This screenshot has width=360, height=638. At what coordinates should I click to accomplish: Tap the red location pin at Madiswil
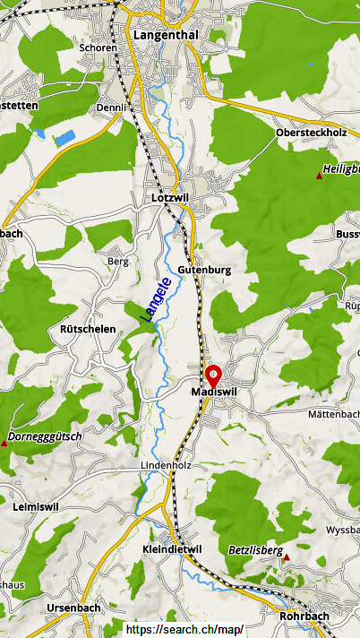click(x=213, y=375)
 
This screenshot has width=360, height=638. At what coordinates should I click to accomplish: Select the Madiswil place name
click(x=213, y=392)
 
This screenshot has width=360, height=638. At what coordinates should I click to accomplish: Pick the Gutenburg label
click(x=204, y=269)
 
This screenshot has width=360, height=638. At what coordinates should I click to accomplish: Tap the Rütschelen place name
click(x=87, y=329)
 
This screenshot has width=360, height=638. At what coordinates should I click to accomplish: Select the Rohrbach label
click(x=304, y=616)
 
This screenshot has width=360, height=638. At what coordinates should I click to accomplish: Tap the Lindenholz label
click(x=167, y=466)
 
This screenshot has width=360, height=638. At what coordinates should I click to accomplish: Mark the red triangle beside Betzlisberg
click(x=287, y=557)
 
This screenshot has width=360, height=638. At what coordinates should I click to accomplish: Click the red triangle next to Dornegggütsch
click(x=4, y=443)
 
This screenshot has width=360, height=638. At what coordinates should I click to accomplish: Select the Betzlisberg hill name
click(x=255, y=548)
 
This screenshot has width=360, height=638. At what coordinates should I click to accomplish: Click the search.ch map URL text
click(x=184, y=630)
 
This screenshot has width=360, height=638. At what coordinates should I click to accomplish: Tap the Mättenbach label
click(x=332, y=415)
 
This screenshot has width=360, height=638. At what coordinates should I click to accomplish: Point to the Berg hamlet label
click(x=118, y=262)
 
